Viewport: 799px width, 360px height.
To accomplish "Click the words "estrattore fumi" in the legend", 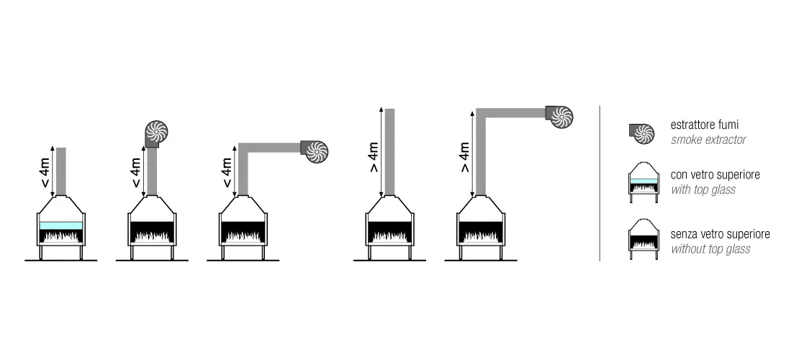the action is pos(705,125).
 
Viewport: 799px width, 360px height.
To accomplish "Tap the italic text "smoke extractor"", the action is pos(708,140).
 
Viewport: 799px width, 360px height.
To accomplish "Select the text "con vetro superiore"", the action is pos(715,175).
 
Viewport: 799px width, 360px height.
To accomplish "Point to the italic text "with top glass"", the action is pos(703,189).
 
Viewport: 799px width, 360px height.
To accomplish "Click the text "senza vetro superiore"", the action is pos(720,235).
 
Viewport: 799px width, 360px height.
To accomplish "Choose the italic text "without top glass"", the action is pos(710,249).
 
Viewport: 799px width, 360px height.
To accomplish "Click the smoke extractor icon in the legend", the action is pos(641,133).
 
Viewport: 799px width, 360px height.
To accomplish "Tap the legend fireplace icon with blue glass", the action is pos(644,182).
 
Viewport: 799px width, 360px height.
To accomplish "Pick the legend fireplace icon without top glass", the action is pos(644,240).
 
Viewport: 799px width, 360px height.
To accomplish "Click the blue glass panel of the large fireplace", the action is pos(61,225).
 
